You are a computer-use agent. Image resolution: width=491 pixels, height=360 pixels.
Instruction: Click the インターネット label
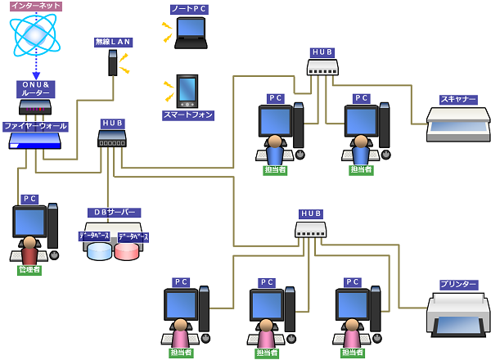35,6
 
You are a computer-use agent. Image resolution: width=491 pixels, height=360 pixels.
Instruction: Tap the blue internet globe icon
35,34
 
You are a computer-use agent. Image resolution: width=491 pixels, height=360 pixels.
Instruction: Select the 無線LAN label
113,42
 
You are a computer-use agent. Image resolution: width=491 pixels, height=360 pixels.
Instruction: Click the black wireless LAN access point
113,63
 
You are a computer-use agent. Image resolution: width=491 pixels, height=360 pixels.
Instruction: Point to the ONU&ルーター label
35,89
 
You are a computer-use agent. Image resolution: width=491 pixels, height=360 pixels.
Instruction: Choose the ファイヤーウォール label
34,127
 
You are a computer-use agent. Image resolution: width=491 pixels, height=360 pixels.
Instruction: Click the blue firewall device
34,142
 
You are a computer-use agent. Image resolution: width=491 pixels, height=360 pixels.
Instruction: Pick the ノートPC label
189,9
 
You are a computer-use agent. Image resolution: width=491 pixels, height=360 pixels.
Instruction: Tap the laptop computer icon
191,33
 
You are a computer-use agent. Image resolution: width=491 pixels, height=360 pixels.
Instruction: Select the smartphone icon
187,91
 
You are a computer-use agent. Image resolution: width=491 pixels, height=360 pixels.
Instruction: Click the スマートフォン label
188,115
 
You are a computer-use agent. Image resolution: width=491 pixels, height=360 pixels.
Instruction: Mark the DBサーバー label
113,213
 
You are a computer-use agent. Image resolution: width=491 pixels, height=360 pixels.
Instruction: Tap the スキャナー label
458,100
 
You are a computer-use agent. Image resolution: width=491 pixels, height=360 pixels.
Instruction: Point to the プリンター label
458,285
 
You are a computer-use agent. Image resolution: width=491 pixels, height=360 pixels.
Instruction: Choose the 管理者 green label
29,270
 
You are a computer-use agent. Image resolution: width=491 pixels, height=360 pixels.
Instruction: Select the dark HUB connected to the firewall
112,138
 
